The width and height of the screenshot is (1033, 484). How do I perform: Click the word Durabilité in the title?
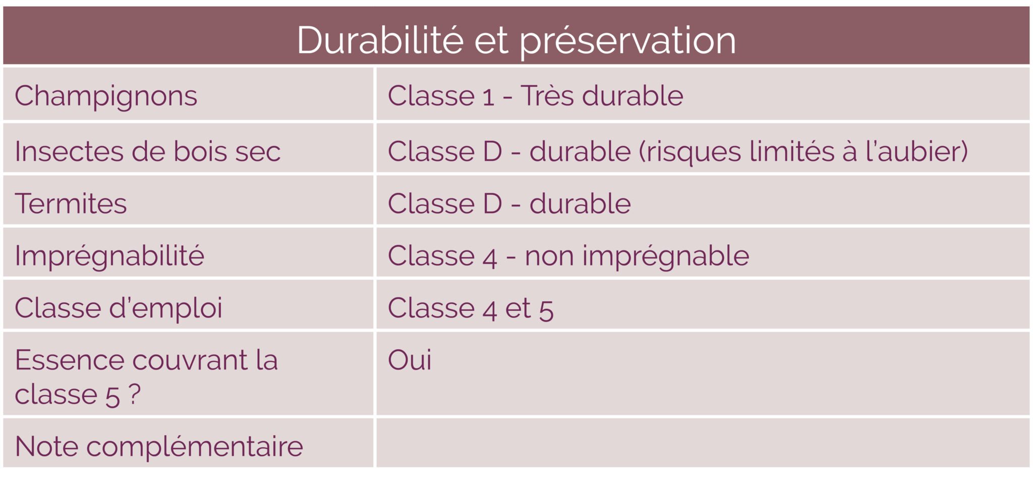(x=380, y=40)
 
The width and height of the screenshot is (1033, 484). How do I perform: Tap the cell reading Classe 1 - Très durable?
(x=535, y=95)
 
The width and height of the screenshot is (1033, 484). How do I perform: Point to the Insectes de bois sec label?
(x=147, y=151)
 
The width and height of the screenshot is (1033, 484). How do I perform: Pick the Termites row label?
(x=71, y=203)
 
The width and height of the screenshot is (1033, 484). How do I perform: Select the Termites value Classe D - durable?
(x=509, y=203)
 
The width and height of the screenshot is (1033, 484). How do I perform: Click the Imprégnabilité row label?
(x=109, y=256)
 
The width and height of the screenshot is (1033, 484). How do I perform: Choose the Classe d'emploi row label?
(x=118, y=308)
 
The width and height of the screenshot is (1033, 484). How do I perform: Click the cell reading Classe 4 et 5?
(x=470, y=308)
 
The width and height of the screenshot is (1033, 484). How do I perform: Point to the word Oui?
(x=409, y=360)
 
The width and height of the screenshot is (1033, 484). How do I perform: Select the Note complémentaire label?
(x=159, y=447)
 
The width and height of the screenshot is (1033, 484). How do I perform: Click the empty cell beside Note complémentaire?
(x=702, y=443)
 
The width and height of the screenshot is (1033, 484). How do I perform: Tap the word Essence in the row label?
(x=70, y=360)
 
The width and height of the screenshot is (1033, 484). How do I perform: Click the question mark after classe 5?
(x=134, y=394)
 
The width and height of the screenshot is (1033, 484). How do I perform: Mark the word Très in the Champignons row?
(x=547, y=95)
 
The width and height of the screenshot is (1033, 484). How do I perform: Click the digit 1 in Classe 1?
(x=488, y=96)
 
